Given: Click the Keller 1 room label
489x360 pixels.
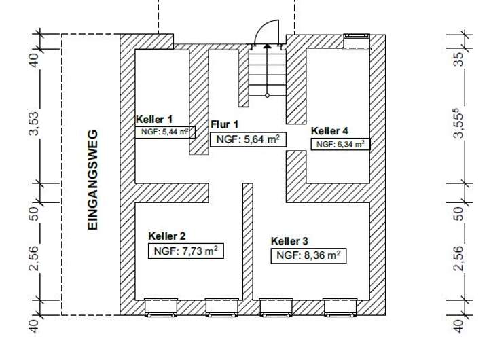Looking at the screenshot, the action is pos(156,120).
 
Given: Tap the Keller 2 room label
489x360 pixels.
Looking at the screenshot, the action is pos(167,236).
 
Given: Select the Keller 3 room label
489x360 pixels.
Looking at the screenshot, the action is pos(289,241).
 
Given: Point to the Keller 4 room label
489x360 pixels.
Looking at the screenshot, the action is pos(330,131).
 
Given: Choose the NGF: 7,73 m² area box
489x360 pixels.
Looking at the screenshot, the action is pos(185,251).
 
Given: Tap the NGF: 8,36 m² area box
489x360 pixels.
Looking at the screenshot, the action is pos(308,256).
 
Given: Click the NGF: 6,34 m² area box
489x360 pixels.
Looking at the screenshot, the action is pos(340,144).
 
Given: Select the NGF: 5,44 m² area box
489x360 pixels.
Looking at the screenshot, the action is pos(165,132).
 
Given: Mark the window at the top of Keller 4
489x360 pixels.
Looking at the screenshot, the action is pos(357,41).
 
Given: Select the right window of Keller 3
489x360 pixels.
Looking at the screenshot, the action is pos(340,308).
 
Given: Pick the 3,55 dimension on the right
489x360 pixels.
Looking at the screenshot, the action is pos(460,125).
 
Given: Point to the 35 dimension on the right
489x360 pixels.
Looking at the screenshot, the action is pos(460,58).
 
